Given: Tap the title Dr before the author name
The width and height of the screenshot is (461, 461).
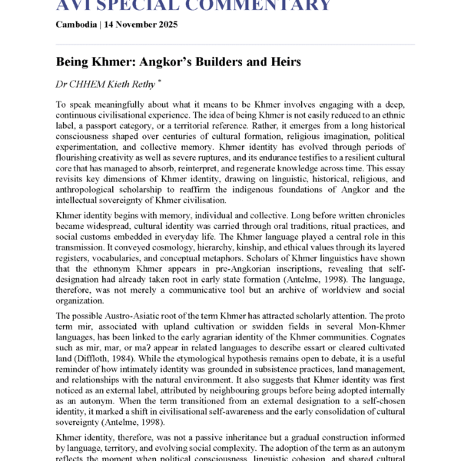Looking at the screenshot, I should point(62,84).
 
